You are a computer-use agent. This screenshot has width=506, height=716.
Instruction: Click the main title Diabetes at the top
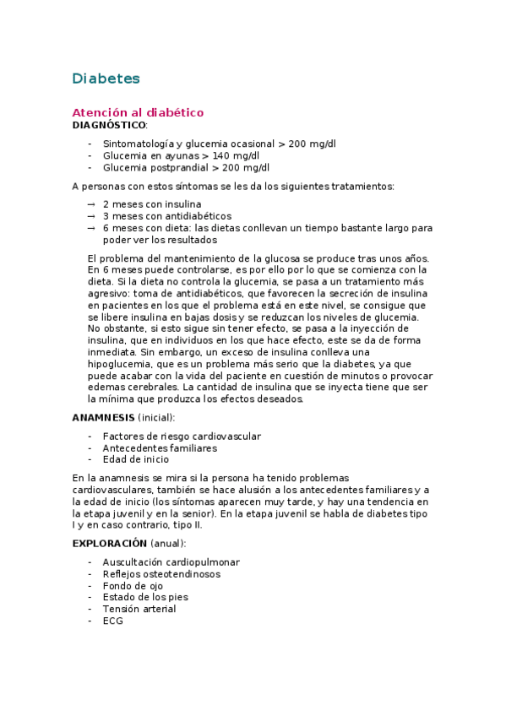tap(106, 79)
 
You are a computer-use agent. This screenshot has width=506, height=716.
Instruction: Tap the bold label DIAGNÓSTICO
tap(109, 125)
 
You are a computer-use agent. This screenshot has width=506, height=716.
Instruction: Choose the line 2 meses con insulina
tap(152, 204)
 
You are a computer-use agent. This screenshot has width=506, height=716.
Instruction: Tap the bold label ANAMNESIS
tap(102, 417)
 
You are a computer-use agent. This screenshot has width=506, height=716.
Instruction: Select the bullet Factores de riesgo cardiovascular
tap(182, 437)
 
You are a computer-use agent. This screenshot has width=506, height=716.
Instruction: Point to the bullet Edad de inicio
tap(135, 459)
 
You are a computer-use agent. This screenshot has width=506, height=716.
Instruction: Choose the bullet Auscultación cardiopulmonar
tap(171, 562)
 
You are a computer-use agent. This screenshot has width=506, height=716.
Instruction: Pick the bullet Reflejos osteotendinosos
tap(161, 574)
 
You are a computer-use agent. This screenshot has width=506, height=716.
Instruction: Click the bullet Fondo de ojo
tap(133, 586)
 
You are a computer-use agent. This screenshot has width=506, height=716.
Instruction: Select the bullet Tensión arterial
tap(139, 609)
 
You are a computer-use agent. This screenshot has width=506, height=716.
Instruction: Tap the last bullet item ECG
tap(113, 621)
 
